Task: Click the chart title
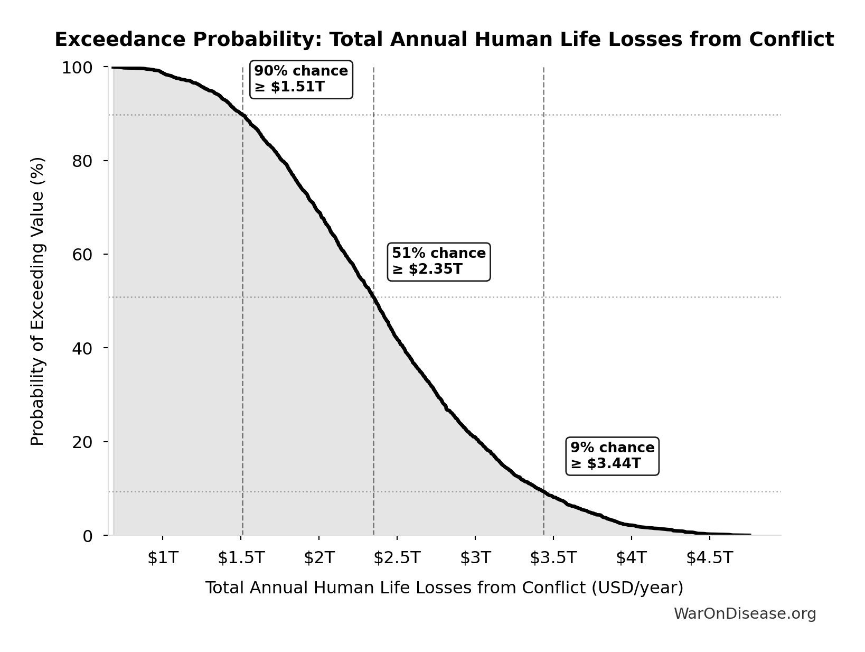pyautogui.click(x=444, y=40)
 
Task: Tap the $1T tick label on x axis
pyautogui.click(x=163, y=557)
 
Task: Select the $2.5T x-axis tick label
pyautogui.click(x=397, y=557)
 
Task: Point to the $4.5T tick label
pyautogui.click(x=710, y=557)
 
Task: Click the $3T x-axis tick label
pyautogui.click(x=475, y=557)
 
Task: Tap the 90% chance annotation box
pyautogui.click(x=301, y=79)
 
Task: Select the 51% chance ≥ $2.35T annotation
pyautogui.click(x=439, y=262)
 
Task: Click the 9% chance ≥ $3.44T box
pyautogui.click(x=612, y=456)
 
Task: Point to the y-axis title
pyautogui.click(x=37, y=301)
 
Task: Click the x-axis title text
pyautogui.click(x=444, y=588)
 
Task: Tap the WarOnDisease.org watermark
pyautogui.click(x=745, y=613)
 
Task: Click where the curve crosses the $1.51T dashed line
pyautogui.click(x=242, y=115)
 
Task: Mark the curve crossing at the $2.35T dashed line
pyautogui.click(x=374, y=297)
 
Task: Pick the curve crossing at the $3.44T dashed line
pyautogui.click(x=543, y=491)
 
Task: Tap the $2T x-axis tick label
pyautogui.click(x=319, y=557)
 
